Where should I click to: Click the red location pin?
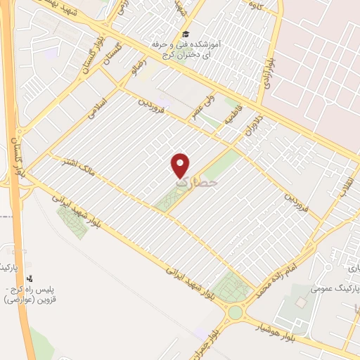[x=181, y=163]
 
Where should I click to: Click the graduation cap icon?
[x=185, y=34]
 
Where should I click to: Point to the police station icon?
[x=30, y=278]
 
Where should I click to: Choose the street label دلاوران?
[x=252, y=125]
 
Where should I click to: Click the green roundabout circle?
[x=235, y=311]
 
